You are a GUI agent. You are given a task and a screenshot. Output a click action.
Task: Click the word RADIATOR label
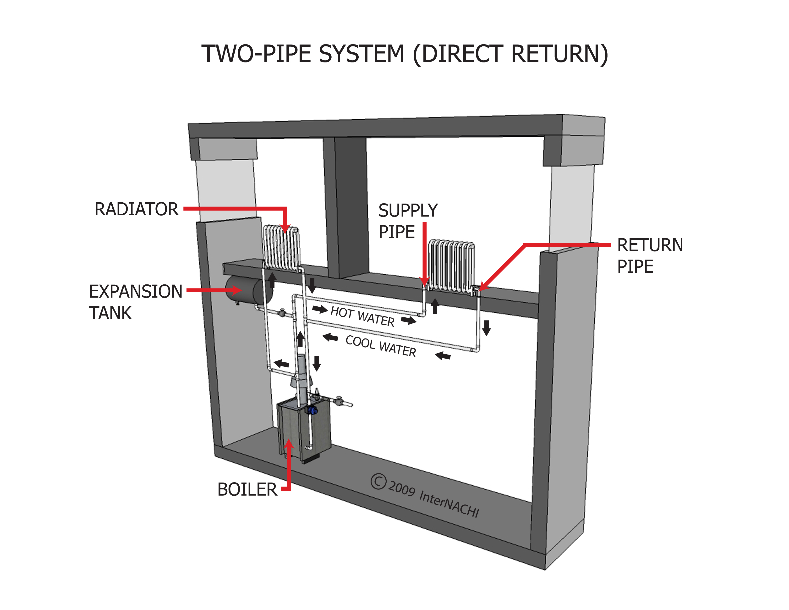point(136,209)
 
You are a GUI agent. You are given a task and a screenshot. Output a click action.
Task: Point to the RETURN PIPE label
point(650,255)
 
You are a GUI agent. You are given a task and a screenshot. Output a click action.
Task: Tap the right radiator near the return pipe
point(451,265)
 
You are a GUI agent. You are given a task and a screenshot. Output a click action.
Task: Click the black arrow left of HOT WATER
point(320,309)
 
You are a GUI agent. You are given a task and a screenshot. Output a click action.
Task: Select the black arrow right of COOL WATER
point(443,356)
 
